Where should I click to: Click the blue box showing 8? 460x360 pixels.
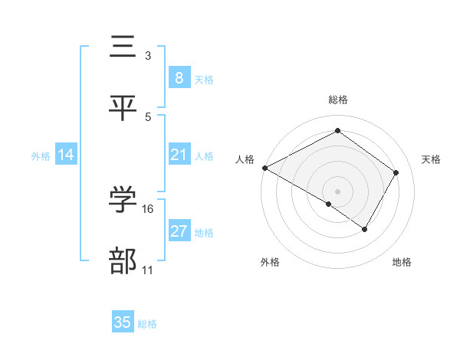179,78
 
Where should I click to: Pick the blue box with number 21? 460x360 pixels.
179,155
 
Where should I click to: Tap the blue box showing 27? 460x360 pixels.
179,231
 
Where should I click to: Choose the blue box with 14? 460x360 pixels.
66,155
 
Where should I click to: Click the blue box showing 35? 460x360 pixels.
123,322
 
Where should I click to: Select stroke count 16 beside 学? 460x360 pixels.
148,208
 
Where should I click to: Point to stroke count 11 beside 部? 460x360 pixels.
148,270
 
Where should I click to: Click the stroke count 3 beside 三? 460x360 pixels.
147,56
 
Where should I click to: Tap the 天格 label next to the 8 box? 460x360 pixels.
204,79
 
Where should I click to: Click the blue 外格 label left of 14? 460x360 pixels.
41,155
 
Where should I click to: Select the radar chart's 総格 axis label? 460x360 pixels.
338,100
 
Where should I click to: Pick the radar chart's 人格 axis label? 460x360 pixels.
245,159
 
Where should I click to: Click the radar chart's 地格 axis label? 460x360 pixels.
402,262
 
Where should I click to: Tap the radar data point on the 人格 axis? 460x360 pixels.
264,168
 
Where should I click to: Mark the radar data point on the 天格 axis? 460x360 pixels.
396,172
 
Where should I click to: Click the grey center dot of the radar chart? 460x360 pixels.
337,191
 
